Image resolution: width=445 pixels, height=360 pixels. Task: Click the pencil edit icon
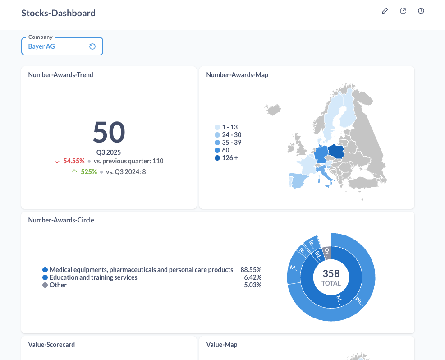click(x=385, y=11)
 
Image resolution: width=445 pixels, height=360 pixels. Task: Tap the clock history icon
click(x=421, y=11)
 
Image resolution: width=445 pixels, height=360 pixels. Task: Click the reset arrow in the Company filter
click(x=92, y=46)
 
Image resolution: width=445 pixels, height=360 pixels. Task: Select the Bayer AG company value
click(x=41, y=46)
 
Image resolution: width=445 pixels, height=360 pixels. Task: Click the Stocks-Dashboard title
click(x=59, y=13)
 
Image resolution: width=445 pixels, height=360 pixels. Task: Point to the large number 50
click(x=109, y=133)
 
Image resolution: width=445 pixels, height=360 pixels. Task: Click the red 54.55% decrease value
click(x=74, y=161)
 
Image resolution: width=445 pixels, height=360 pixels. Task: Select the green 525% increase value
click(x=89, y=172)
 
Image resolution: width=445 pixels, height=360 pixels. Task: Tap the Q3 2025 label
click(x=109, y=152)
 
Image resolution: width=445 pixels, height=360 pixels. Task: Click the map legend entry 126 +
click(x=229, y=158)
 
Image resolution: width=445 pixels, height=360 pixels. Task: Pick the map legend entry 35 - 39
click(x=231, y=143)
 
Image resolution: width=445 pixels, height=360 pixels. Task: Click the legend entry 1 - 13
click(x=229, y=128)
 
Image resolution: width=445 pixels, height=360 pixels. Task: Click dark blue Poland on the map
click(x=336, y=152)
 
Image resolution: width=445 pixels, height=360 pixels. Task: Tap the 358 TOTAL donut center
click(x=331, y=277)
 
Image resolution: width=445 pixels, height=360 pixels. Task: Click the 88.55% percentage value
click(x=251, y=270)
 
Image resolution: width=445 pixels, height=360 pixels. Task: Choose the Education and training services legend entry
click(x=93, y=277)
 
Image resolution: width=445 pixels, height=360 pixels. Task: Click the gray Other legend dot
click(x=45, y=285)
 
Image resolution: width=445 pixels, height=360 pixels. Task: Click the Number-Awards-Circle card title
click(x=61, y=220)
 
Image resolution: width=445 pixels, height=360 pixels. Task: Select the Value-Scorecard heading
click(x=51, y=345)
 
